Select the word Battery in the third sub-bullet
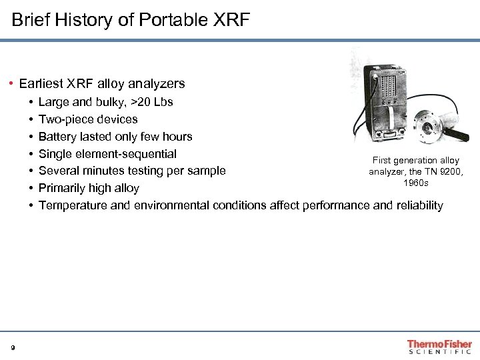[57, 137]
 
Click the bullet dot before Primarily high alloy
[31, 188]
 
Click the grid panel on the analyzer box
[387, 89]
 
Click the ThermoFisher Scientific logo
[439, 347]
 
